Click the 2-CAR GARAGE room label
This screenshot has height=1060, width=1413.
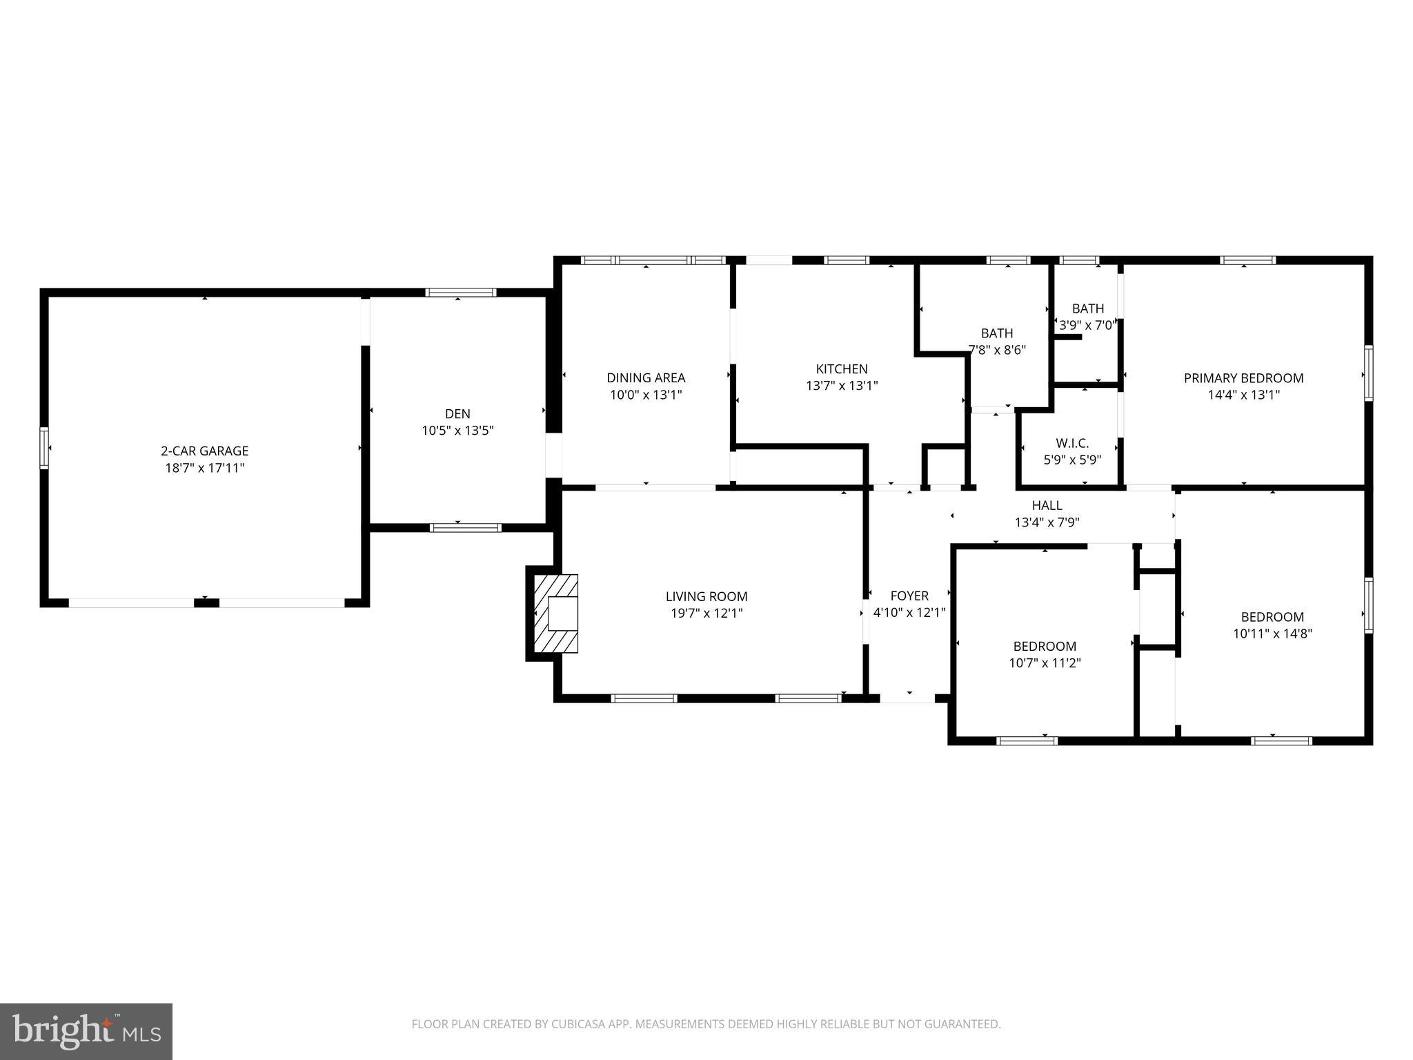tap(204, 451)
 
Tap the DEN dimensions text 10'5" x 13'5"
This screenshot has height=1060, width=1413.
tap(457, 431)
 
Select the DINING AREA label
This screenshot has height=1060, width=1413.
tap(646, 377)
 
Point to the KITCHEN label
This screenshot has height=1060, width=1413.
tap(842, 369)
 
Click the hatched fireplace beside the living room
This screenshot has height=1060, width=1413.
tap(556, 613)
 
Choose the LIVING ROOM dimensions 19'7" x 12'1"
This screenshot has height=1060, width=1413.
tap(706, 613)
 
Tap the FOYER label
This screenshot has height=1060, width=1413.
tap(909, 596)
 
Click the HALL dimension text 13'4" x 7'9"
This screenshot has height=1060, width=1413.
tap(1047, 522)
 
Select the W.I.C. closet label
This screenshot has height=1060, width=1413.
tap(1072, 443)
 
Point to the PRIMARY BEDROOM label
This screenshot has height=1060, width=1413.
tap(1243, 377)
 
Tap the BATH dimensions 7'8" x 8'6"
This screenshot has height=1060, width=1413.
tap(997, 350)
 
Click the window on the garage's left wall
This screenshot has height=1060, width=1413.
tap(44, 448)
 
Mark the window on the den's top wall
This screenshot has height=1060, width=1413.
tap(460, 293)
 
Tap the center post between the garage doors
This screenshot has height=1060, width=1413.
tap(206, 603)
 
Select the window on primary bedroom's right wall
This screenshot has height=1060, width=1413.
tap(1368, 373)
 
